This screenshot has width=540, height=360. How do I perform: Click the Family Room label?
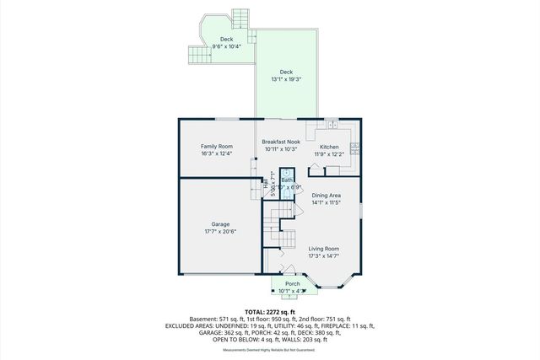[216, 147]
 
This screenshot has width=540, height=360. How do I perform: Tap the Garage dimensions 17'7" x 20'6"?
[220, 230]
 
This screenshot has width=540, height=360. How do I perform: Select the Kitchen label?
[328, 147]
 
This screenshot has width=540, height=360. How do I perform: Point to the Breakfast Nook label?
[281, 142]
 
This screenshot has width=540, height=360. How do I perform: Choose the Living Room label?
[323, 248]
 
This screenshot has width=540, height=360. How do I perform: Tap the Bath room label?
[287, 180]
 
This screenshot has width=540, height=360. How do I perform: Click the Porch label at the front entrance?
[292, 284]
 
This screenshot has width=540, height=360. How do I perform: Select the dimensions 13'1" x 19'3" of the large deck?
[287, 79]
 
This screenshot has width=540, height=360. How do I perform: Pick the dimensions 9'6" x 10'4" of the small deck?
[226, 46]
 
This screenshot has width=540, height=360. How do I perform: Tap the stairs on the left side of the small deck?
[197, 56]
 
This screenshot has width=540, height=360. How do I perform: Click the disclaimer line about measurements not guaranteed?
[269, 350]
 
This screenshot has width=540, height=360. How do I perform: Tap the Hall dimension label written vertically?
[272, 180]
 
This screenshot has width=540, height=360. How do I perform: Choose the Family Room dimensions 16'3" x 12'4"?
[216, 154]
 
